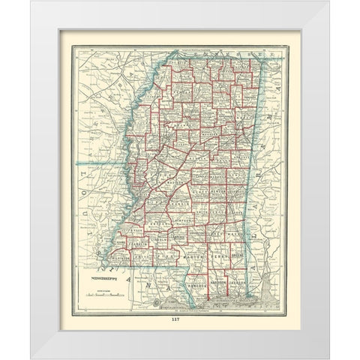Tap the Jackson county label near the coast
click(238, 282)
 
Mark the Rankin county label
click(181, 202)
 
